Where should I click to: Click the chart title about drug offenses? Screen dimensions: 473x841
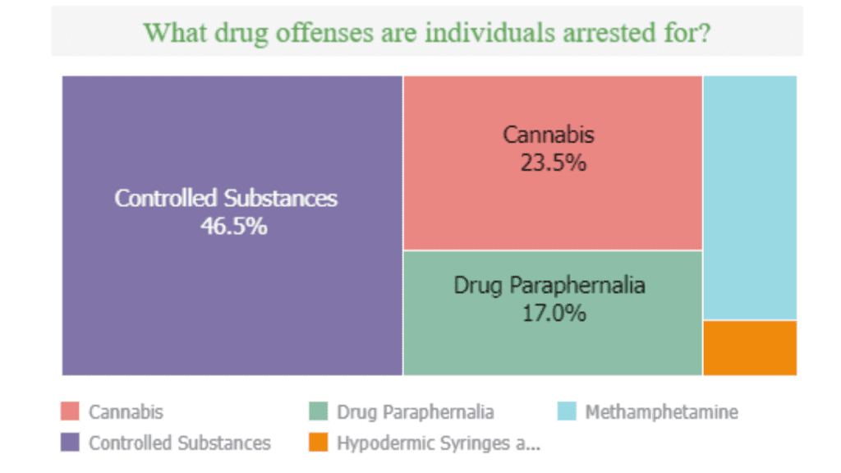426,32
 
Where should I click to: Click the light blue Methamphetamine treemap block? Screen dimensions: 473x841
749,197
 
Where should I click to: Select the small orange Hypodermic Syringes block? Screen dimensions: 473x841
749,347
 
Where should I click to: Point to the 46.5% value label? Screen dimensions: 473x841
233,226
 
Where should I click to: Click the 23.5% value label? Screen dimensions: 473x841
553,163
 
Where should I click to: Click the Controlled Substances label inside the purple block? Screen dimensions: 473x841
226,198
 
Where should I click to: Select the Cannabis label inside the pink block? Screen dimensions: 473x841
549,135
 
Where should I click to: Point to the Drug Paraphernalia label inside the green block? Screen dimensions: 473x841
549,285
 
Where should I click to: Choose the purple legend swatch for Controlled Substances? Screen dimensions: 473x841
70,443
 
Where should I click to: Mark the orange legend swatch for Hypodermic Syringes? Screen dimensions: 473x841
318,443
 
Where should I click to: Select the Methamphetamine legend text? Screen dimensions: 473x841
661,411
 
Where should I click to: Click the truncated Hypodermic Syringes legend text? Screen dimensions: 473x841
439,443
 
